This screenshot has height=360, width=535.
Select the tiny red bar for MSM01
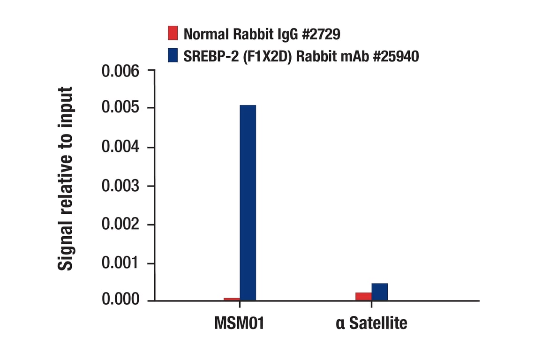click(232, 299)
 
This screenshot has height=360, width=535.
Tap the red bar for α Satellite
click(363, 296)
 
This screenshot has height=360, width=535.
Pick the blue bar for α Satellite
click(379, 292)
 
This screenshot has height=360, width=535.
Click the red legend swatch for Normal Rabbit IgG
click(173, 33)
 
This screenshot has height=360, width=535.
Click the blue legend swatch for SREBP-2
click(173, 56)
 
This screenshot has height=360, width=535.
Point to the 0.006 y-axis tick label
click(121, 72)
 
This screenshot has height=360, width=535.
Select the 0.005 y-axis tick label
click(121, 108)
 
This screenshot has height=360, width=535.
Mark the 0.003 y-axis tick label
click(121, 186)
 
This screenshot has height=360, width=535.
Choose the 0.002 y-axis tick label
click(121, 225)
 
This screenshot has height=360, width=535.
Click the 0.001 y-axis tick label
click(121, 263)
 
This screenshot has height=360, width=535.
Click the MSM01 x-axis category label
click(239, 323)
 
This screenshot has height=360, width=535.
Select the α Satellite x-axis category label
click(371, 323)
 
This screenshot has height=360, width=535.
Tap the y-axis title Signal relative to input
click(66, 179)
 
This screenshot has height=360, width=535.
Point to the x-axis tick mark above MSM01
click(240, 304)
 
